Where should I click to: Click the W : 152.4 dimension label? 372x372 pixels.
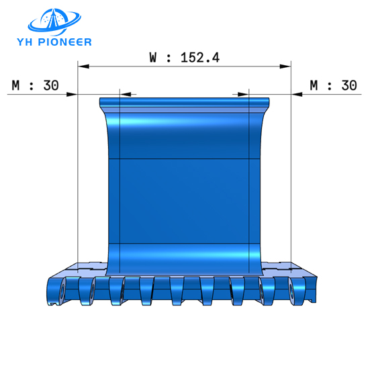(x=184, y=57)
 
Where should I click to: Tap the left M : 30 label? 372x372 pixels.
(x=36, y=85)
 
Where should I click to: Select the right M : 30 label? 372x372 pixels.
(x=333, y=85)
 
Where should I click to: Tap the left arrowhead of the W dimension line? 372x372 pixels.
(x=82, y=66)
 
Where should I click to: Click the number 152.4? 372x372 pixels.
(x=200, y=57)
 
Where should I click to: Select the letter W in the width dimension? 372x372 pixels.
(x=153, y=57)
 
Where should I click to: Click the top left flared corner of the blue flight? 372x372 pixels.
(x=102, y=103)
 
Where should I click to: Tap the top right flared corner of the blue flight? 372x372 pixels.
(x=268, y=103)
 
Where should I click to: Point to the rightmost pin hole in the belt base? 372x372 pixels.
(x=293, y=291)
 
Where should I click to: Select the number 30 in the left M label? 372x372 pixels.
(x=51, y=85)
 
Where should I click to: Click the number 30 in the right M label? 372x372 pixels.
(x=348, y=85)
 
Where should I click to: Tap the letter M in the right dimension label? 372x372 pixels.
(x=314, y=85)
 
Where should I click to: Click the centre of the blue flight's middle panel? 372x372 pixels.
(x=184, y=200)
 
